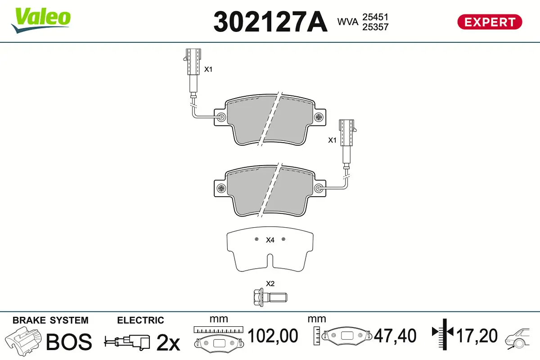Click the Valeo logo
click(x=41, y=20)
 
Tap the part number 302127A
click(x=270, y=22)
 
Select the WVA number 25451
click(x=375, y=17)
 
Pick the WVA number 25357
click(x=375, y=27)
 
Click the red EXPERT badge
click(x=490, y=22)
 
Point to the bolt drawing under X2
click(x=270, y=297)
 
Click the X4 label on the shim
click(x=270, y=240)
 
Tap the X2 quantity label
click(x=270, y=283)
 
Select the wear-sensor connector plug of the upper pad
click(x=193, y=62)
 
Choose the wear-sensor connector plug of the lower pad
click(x=347, y=133)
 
